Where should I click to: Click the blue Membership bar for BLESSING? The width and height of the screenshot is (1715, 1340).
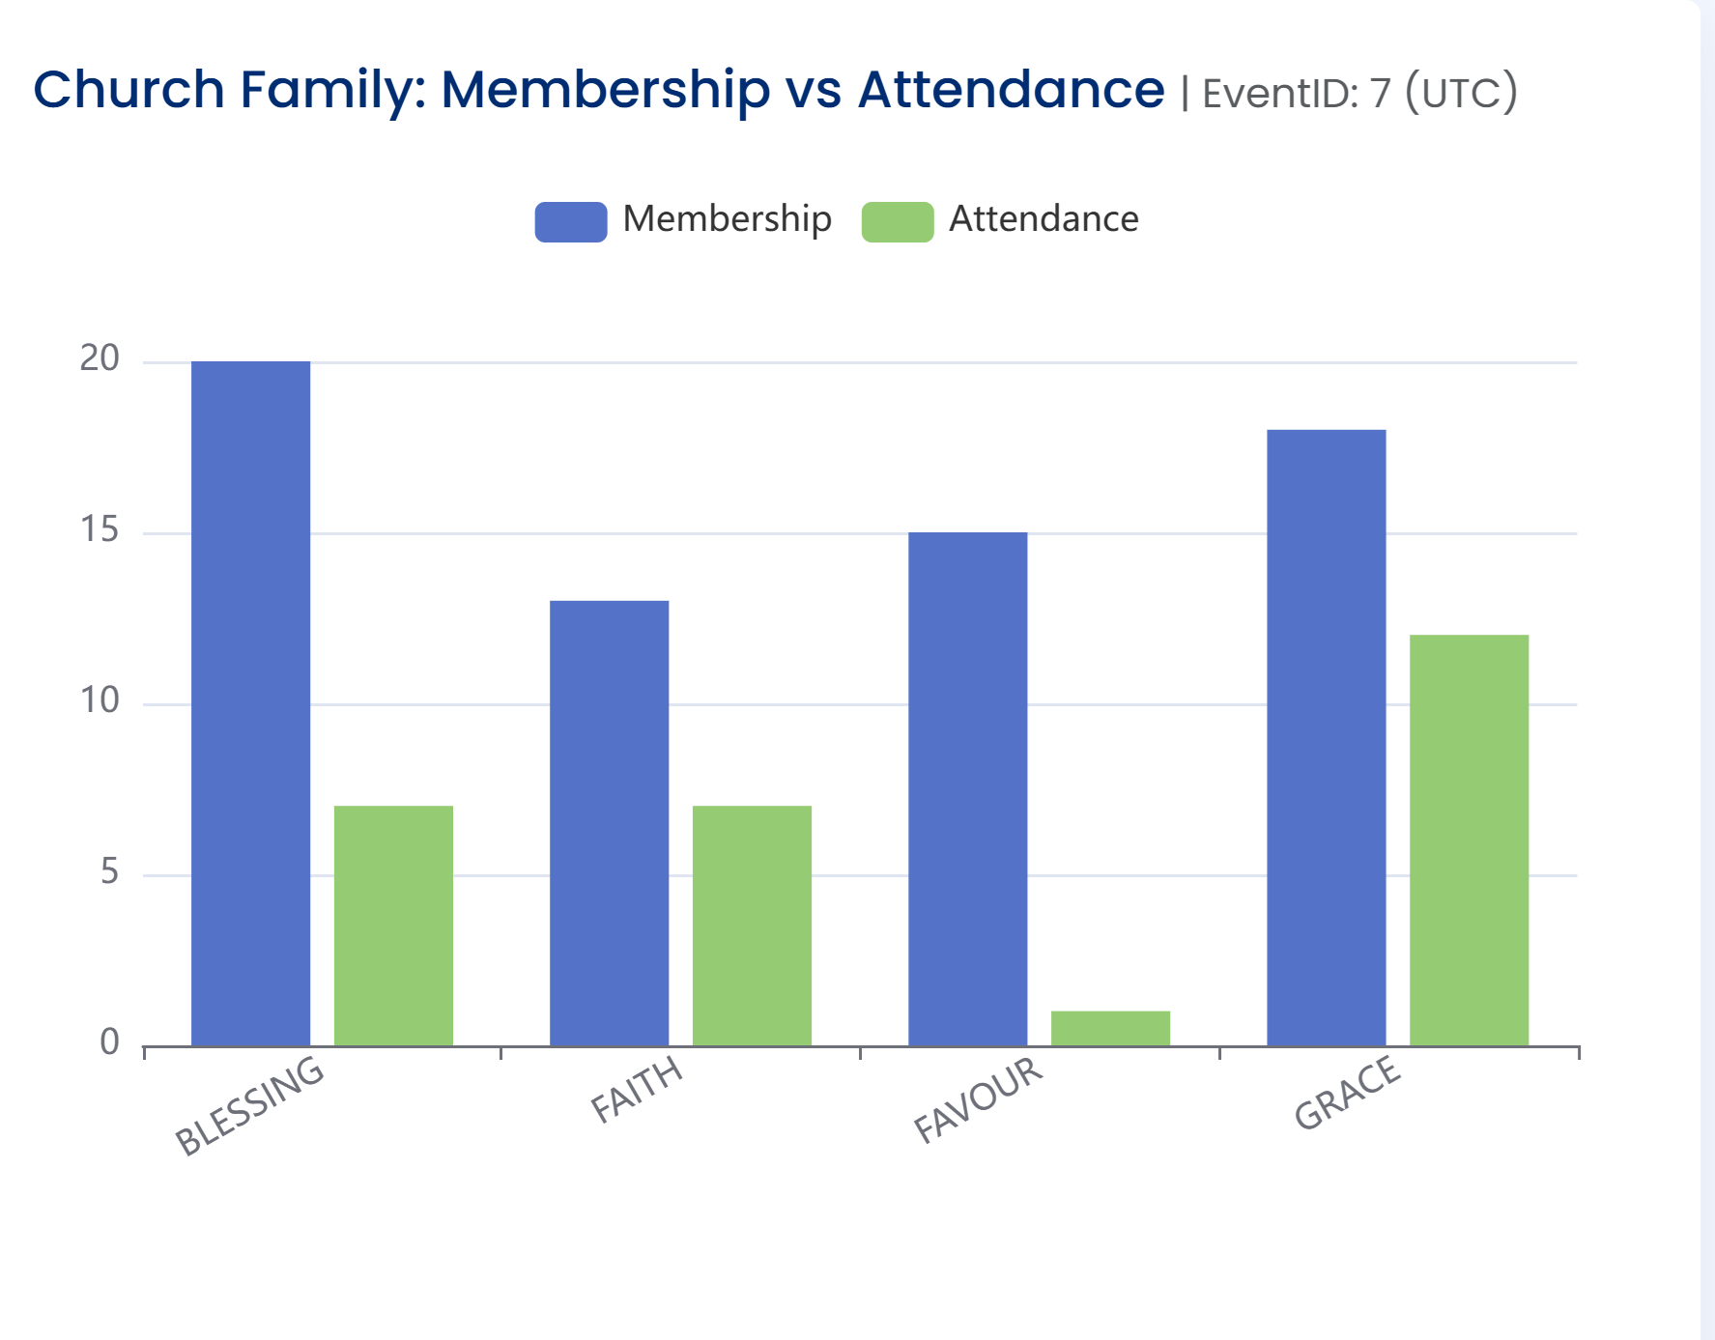click(x=250, y=703)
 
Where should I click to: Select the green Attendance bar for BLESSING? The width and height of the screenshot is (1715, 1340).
click(x=393, y=926)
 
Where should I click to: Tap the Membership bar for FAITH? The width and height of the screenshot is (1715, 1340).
click(x=609, y=823)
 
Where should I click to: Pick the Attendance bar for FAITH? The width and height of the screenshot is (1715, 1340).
click(x=752, y=926)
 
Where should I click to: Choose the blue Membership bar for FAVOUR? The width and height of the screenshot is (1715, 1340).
click(x=967, y=788)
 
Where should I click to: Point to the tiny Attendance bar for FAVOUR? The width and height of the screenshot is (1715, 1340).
click(x=1110, y=1028)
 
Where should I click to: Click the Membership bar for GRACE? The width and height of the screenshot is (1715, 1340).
click(x=1326, y=737)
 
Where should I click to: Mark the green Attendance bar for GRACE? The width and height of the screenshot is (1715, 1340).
click(x=1469, y=840)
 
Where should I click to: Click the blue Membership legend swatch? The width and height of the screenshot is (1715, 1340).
click(x=571, y=221)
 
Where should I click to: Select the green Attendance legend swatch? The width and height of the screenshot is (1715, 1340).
click(x=898, y=221)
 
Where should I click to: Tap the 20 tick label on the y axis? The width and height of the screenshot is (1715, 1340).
click(x=100, y=358)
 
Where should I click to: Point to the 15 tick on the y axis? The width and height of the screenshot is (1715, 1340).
click(x=100, y=529)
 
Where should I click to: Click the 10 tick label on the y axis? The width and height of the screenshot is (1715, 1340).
click(x=100, y=700)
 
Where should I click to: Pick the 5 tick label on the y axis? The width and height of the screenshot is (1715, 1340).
click(x=109, y=871)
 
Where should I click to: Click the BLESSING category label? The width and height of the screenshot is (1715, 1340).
click(x=249, y=1105)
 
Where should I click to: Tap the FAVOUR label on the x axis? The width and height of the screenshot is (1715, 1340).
click(x=978, y=1099)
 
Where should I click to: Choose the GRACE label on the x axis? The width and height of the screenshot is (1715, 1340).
click(x=1347, y=1093)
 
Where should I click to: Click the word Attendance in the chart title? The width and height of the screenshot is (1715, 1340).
click(x=1011, y=90)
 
